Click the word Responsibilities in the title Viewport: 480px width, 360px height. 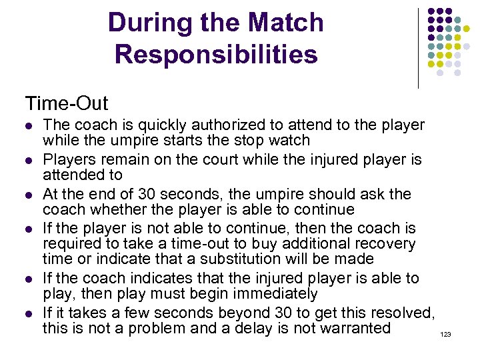216,55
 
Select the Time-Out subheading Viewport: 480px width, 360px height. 66,104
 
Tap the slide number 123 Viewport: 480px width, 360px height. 446,334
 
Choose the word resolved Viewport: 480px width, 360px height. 402,313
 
